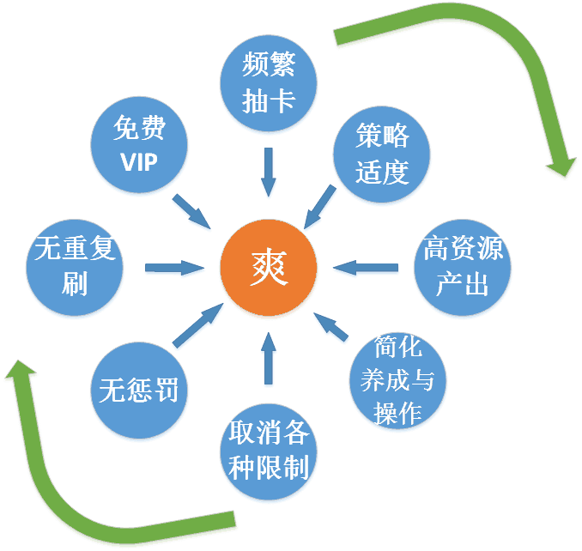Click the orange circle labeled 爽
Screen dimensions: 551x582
(x=269, y=269)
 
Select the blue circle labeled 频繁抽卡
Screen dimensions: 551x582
(x=269, y=85)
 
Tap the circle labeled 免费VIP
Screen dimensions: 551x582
(x=139, y=145)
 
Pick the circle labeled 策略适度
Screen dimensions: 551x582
(x=382, y=153)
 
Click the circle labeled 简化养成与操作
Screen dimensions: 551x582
(x=397, y=379)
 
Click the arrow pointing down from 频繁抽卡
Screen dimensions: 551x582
(x=269, y=170)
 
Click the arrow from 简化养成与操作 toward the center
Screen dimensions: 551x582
(x=331, y=325)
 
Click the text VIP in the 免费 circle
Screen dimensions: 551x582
(x=139, y=160)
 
